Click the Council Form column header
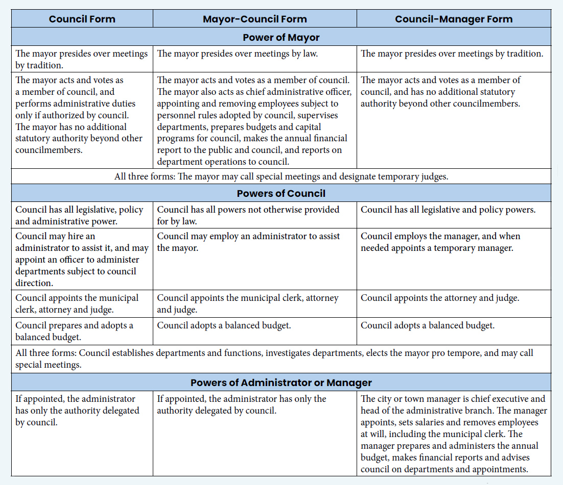tap(82, 19)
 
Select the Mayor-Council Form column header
tap(254, 19)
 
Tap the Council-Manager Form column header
tap(453, 19)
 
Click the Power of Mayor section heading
tap(281, 37)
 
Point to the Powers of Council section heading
tap(281, 194)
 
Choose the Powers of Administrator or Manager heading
tap(281, 382)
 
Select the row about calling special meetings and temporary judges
tap(281, 176)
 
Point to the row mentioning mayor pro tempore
tap(281, 359)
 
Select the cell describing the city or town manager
tap(453, 433)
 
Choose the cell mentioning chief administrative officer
tap(254, 121)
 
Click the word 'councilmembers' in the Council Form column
tap(49, 150)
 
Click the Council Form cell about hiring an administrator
tap(82, 259)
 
